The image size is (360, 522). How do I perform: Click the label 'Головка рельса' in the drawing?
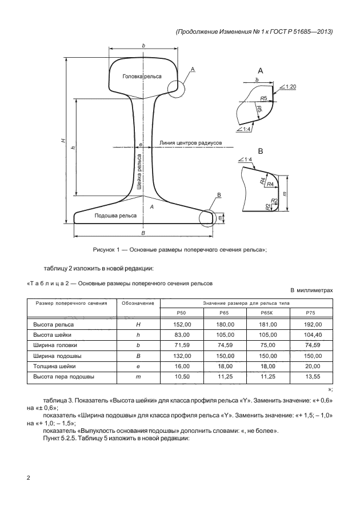[142, 76]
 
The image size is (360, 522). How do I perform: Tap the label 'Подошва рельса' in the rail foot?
[115, 216]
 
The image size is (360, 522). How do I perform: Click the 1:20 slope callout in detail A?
[289, 86]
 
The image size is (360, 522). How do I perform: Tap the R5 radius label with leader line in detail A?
[263, 98]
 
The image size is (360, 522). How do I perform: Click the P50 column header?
[181, 313]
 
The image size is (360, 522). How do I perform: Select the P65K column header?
[268, 313]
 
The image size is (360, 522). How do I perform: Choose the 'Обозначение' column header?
[137, 302]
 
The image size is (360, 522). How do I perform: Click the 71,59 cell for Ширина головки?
[181, 345]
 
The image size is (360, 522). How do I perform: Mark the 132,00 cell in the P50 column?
[181, 356]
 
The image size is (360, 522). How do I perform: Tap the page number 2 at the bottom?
[29, 477]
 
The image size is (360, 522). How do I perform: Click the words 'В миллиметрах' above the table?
[311, 290]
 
